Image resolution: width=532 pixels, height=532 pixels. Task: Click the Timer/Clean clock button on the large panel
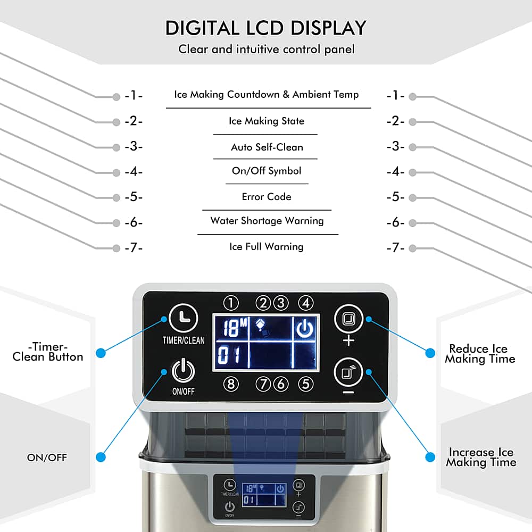(x=183, y=318)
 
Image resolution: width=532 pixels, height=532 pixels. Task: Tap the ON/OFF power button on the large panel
(x=183, y=370)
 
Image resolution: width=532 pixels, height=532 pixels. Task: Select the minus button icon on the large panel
(x=348, y=372)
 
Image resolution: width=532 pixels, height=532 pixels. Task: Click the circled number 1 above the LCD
(x=231, y=303)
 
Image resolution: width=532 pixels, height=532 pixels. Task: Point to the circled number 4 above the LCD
(x=306, y=303)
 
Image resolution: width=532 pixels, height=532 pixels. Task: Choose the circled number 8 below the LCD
(x=231, y=384)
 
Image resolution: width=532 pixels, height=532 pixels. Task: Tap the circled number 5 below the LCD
(x=306, y=384)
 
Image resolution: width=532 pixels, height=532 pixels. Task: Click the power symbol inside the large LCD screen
(x=305, y=328)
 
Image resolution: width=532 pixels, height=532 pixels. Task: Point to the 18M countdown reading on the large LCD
(x=235, y=328)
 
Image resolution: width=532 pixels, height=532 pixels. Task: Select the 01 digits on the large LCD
(x=229, y=355)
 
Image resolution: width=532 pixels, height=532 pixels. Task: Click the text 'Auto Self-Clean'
(x=267, y=147)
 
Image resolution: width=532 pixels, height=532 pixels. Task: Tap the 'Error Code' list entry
(x=267, y=197)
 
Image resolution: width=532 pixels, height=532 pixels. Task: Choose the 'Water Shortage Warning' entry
(x=267, y=221)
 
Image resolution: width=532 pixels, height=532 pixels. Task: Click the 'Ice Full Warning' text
(x=267, y=247)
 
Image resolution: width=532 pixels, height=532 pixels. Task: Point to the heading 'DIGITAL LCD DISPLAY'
(x=266, y=28)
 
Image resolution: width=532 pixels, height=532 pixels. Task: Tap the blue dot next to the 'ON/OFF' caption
(x=101, y=457)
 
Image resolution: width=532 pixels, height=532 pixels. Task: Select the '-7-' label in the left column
(x=134, y=248)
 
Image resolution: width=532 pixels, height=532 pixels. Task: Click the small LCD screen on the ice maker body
(x=264, y=495)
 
